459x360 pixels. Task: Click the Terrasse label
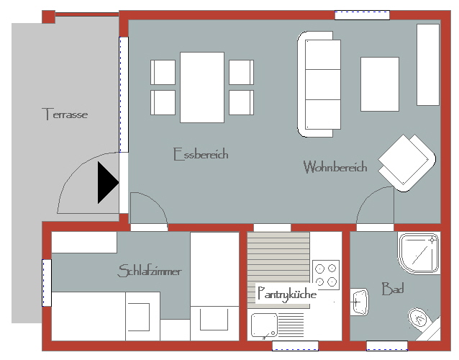(65, 114)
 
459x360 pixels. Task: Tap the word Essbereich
(201, 154)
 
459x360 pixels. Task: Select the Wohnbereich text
(335, 166)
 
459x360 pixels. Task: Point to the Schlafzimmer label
(150, 271)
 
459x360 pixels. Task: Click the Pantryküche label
(287, 294)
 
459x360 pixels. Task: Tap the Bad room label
(393, 289)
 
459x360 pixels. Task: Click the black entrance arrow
(108, 182)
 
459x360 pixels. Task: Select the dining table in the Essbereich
(202, 87)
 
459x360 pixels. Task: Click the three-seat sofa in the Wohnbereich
(319, 84)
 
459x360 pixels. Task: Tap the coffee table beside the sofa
(380, 84)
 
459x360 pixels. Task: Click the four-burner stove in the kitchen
(326, 275)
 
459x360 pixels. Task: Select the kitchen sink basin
(264, 325)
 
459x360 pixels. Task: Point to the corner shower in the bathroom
(419, 253)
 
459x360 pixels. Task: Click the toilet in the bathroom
(421, 320)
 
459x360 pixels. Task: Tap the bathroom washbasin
(359, 302)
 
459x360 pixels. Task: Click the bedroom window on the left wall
(47, 283)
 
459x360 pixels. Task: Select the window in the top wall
(362, 15)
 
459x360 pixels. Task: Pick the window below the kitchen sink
(295, 346)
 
